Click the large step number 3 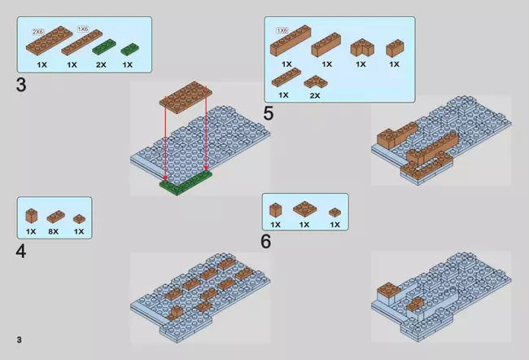pyautogui.click(x=21, y=85)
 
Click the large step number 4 pyautogui.click(x=21, y=252)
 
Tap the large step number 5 pyautogui.click(x=269, y=113)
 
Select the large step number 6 pyautogui.click(x=266, y=241)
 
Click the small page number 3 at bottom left pyautogui.click(x=20, y=340)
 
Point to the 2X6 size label pyautogui.click(x=37, y=32)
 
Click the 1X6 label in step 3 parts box pyautogui.click(x=83, y=29)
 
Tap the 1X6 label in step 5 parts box pyautogui.click(x=282, y=30)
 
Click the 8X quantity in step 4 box pyautogui.click(x=53, y=231)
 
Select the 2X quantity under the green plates pyautogui.click(x=101, y=64)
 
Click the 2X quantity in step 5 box pyautogui.click(x=315, y=95)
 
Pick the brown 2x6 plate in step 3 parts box pyautogui.click(x=50, y=41)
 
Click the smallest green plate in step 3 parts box pyautogui.click(x=130, y=50)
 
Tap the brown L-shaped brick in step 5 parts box pyautogui.click(x=362, y=48)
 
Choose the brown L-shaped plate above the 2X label pyautogui.click(x=316, y=81)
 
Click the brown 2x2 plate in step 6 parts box pyautogui.click(x=304, y=209)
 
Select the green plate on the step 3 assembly pyautogui.click(x=186, y=182)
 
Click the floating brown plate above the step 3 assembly pyautogui.click(x=186, y=97)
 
